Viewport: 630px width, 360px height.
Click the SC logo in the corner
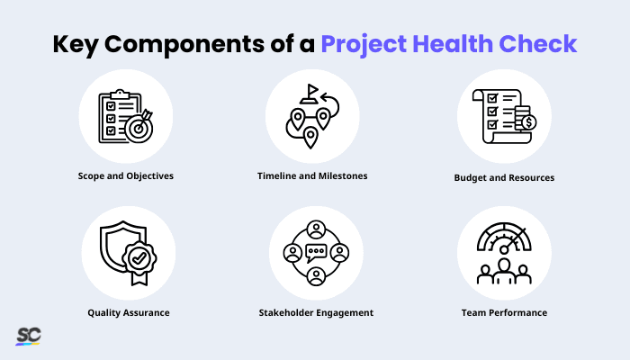[x=28, y=336]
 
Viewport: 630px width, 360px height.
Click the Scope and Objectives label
[x=125, y=175]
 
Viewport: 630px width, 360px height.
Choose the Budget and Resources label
[x=504, y=177]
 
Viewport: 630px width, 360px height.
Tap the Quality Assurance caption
[x=128, y=312]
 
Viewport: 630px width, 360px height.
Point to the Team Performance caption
[x=504, y=312]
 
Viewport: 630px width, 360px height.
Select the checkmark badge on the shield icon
[x=138, y=258]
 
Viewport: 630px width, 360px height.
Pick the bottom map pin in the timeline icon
[x=310, y=138]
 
